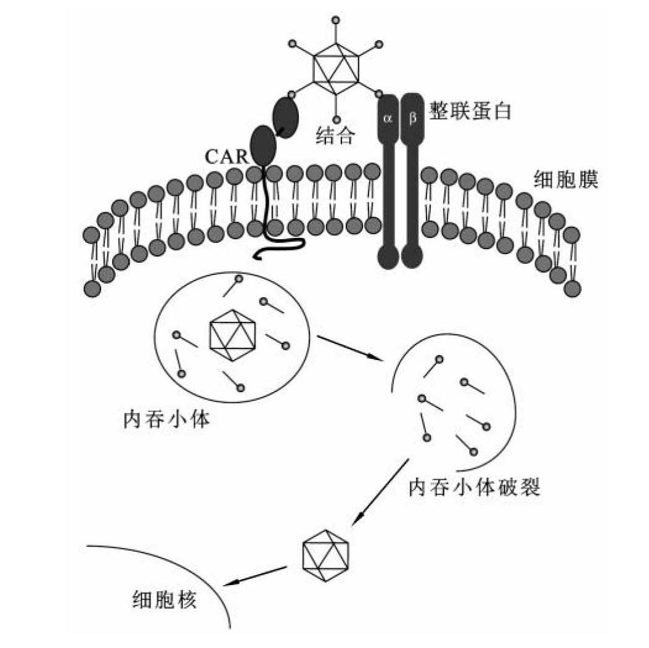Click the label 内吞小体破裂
[x=475, y=488]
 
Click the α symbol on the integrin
[x=388, y=117]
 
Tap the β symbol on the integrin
[x=412, y=117]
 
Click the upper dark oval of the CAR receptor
[x=285, y=115]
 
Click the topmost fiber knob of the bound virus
[x=336, y=21]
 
